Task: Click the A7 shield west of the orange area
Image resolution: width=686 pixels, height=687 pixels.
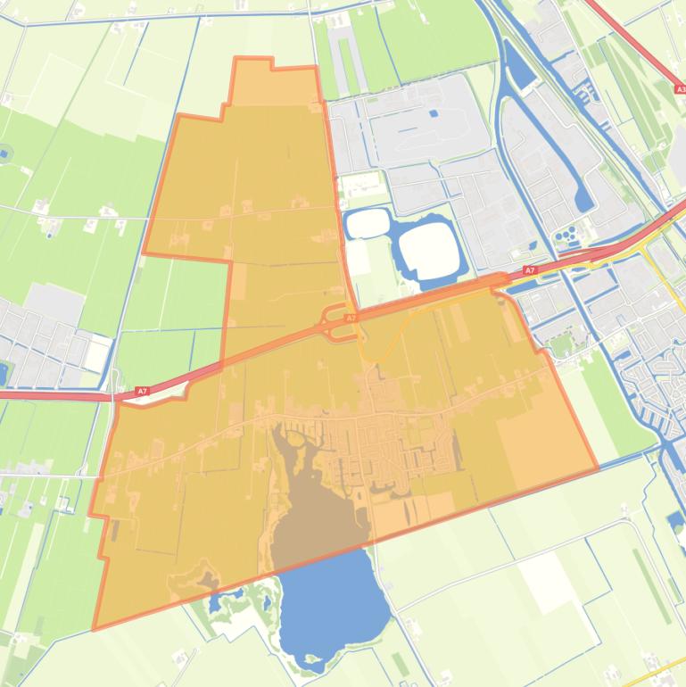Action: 142,391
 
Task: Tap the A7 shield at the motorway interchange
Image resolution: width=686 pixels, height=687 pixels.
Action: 351,318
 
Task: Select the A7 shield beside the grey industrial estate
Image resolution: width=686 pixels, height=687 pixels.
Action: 529,270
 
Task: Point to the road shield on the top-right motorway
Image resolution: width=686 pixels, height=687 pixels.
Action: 681,89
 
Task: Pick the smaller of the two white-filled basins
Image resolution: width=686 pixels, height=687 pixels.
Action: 367,223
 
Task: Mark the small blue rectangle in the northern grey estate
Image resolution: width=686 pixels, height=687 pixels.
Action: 434,113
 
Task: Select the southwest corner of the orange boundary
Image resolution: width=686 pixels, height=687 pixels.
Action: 95,628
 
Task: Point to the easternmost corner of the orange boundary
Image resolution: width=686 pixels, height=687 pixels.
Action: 597,468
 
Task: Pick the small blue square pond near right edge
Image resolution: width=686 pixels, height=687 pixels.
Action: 674,519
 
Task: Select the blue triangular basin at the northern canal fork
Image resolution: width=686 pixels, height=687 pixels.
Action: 519,76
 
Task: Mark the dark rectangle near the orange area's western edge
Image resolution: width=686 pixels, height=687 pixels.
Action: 114,530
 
